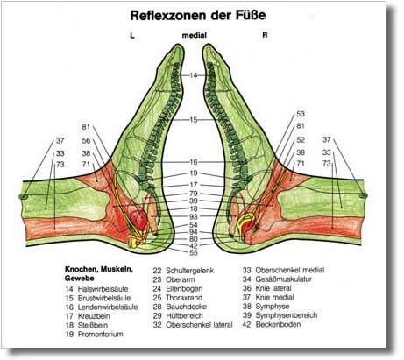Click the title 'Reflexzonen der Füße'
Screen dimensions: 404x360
point(198,16)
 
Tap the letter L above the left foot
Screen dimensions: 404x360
point(132,35)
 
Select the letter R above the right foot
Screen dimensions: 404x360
point(265,35)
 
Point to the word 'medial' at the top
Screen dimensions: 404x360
point(195,35)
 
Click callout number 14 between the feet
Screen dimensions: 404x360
point(194,75)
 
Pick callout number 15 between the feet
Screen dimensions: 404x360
point(194,120)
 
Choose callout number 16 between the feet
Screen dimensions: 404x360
point(194,162)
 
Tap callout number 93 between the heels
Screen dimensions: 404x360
point(194,216)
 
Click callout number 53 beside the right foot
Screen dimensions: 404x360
point(301,114)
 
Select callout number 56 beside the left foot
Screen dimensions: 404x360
point(86,140)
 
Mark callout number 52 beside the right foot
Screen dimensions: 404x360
point(301,140)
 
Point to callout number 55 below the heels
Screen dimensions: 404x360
point(194,253)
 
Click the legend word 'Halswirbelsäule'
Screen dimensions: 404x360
point(103,289)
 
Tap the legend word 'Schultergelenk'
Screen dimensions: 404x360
point(190,271)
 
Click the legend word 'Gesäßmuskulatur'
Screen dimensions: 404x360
point(284,279)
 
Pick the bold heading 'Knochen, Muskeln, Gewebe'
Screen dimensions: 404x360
point(99,273)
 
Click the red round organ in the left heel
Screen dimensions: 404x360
point(138,220)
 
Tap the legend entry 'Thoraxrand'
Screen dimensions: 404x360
point(184,298)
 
